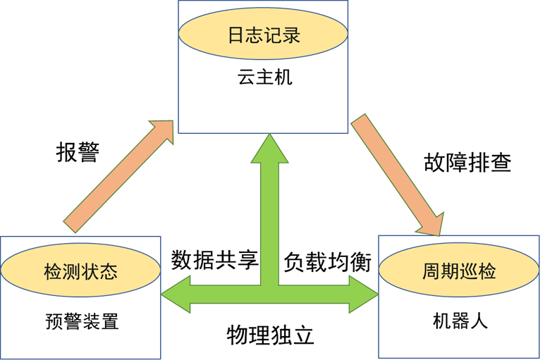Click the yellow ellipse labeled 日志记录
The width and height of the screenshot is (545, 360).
click(263, 34)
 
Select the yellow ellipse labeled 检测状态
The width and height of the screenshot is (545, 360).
click(80, 271)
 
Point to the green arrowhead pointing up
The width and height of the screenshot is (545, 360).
click(269, 149)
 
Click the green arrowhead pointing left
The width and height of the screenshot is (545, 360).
click(176, 294)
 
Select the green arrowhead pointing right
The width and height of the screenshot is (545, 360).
click(364, 294)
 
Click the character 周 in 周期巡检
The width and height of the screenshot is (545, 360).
click(431, 271)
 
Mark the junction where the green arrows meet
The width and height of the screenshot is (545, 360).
click(270, 294)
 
